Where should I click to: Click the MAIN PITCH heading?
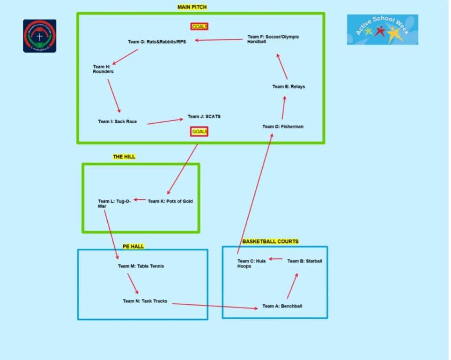point(192,7)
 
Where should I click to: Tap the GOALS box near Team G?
point(200,27)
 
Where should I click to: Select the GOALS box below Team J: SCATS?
point(200,132)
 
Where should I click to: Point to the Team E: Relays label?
point(288,87)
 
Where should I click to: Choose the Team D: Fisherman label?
point(283,127)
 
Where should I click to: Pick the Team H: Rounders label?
point(103,69)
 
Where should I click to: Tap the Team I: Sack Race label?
point(117,122)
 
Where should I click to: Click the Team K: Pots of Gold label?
point(170,202)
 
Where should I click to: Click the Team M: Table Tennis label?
point(141,266)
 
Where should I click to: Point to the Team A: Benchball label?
point(282,307)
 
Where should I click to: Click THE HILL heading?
point(124,157)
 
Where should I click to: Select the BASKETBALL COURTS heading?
point(270,241)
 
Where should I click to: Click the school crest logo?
point(40,36)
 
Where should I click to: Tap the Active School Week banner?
point(382,30)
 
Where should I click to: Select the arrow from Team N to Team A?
point(215,306)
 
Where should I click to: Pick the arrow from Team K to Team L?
point(140,200)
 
